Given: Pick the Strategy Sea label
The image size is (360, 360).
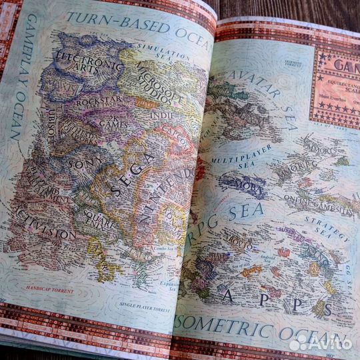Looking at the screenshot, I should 327,227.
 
